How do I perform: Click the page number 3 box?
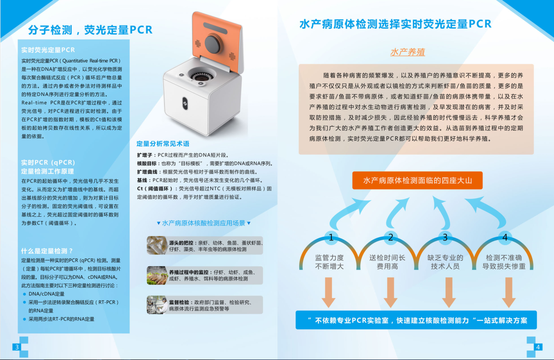(16, 347)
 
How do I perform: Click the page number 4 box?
(538, 347)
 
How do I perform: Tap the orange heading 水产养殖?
(407, 52)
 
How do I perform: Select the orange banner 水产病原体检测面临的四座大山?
(417, 181)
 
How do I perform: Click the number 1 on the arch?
(331, 238)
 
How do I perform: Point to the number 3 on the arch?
(445, 238)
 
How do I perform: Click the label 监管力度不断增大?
(329, 262)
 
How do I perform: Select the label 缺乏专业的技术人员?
(445, 262)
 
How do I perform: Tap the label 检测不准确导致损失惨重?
(504, 262)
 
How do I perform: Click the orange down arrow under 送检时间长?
(391, 292)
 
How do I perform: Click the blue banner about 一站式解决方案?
(416, 320)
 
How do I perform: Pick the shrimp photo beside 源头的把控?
(157, 245)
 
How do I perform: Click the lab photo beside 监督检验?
(157, 305)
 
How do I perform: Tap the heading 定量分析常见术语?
(163, 144)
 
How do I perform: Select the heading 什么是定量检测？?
(47, 251)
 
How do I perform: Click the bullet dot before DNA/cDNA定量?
(24, 294)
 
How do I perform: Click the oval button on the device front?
(185, 103)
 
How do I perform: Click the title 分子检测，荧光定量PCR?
(90, 30)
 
